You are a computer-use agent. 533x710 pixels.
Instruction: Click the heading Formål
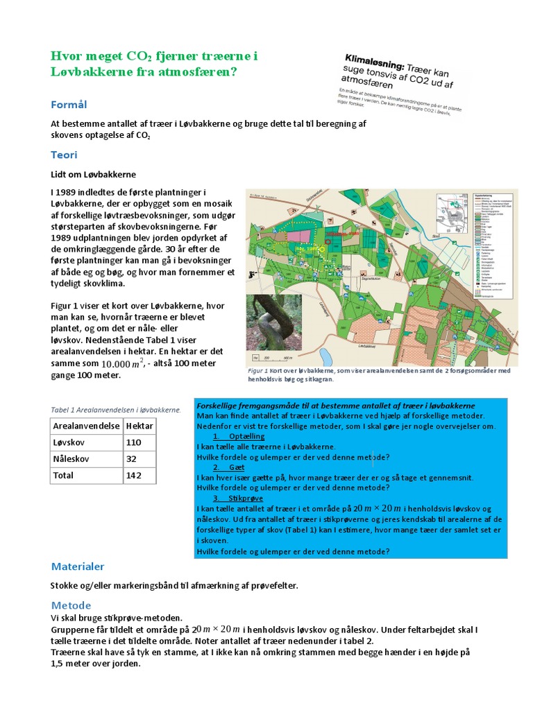pyautogui.click(x=69, y=105)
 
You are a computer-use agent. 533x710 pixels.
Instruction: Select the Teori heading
pyautogui.click(x=64, y=154)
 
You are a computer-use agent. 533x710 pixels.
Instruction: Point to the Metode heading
pyautogui.click(x=71, y=605)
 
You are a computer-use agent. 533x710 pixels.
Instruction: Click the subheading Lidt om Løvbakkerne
pyautogui.click(x=93, y=174)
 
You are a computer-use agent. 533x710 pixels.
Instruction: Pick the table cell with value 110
pyautogui.click(x=133, y=442)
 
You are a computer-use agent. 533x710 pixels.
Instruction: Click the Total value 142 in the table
pyautogui.click(x=133, y=475)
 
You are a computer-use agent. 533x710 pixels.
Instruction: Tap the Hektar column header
pyautogui.click(x=139, y=425)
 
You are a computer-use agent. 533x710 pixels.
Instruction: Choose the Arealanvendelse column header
pyautogui.click(x=87, y=425)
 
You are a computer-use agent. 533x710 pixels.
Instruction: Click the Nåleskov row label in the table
pyautogui.click(x=72, y=458)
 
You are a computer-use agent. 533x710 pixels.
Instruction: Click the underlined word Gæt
pyautogui.click(x=236, y=467)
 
